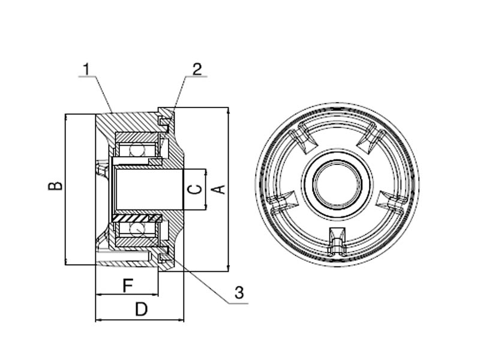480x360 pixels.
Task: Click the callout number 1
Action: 88,68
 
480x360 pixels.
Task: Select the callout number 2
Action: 197,68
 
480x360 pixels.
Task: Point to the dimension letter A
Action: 220,188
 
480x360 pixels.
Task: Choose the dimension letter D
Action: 141,310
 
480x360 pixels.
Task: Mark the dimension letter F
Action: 127,286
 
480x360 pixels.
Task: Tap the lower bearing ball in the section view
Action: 137,229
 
